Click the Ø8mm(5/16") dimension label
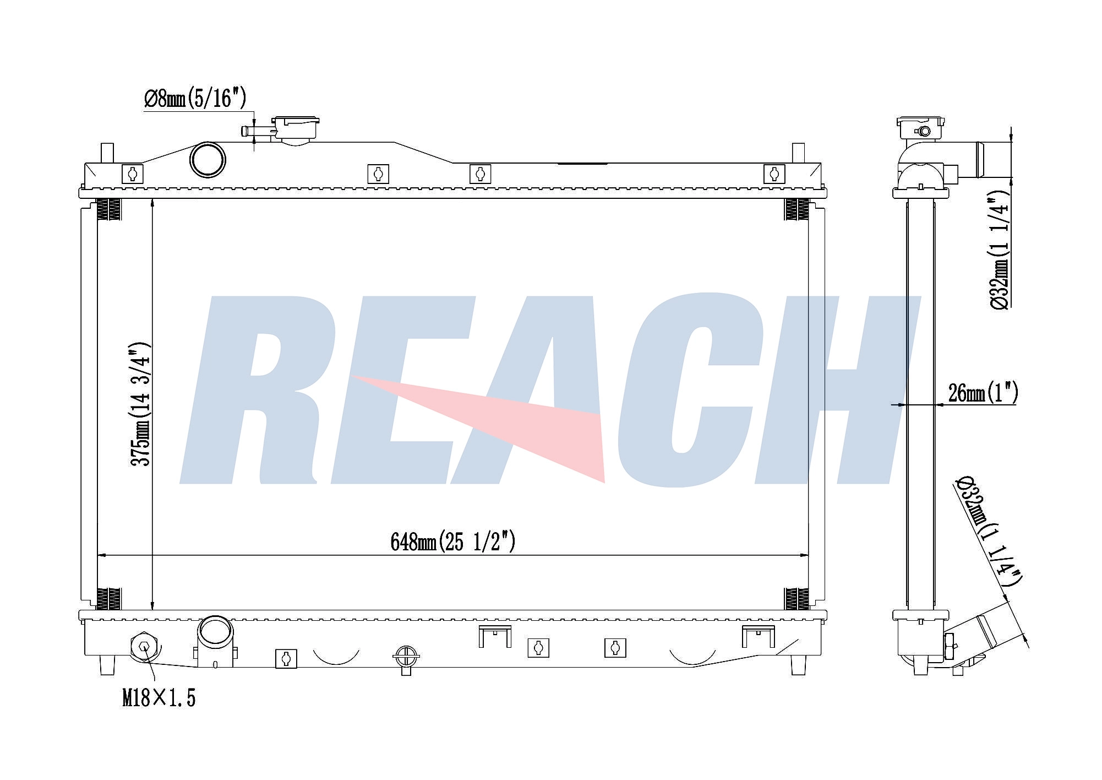coord(195,99)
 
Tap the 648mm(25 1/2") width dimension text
coord(452,541)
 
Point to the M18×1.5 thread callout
coord(159,698)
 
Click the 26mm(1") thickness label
coord(983,393)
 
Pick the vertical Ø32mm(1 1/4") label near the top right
coord(1000,250)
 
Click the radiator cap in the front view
coord(296,130)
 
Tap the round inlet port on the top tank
coord(208,160)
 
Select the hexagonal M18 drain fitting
coord(144,646)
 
